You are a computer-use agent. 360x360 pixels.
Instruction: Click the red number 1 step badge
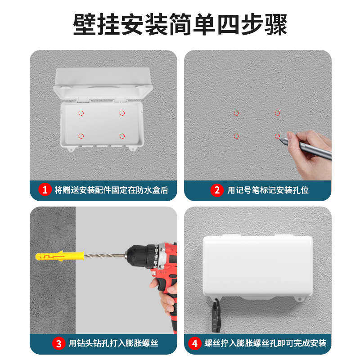tap(45, 190)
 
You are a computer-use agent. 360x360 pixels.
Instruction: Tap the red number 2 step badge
tap(217, 190)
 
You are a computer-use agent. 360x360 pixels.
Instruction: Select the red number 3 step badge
tap(58, 344)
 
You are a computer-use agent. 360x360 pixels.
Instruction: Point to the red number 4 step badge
tap(195, 344)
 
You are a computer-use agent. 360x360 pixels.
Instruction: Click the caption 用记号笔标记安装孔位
tap(268, 190)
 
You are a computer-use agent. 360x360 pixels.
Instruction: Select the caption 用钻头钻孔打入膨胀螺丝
tap(113, 344)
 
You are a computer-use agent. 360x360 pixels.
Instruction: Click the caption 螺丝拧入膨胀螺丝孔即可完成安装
tap(264, 344)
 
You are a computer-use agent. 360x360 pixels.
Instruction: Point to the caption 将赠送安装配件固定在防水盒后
tap(111, 190)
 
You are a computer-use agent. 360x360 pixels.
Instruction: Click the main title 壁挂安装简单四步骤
tap(180, 25)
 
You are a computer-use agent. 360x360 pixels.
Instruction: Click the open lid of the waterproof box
tap(103, 83)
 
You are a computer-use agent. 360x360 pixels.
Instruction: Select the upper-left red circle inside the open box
tap(81, 113)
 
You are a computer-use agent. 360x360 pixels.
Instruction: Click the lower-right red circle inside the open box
tap(122, 136)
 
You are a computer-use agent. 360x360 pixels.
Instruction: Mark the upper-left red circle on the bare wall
tap(236, 113)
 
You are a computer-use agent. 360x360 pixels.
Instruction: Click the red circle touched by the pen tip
tap(277, 135)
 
